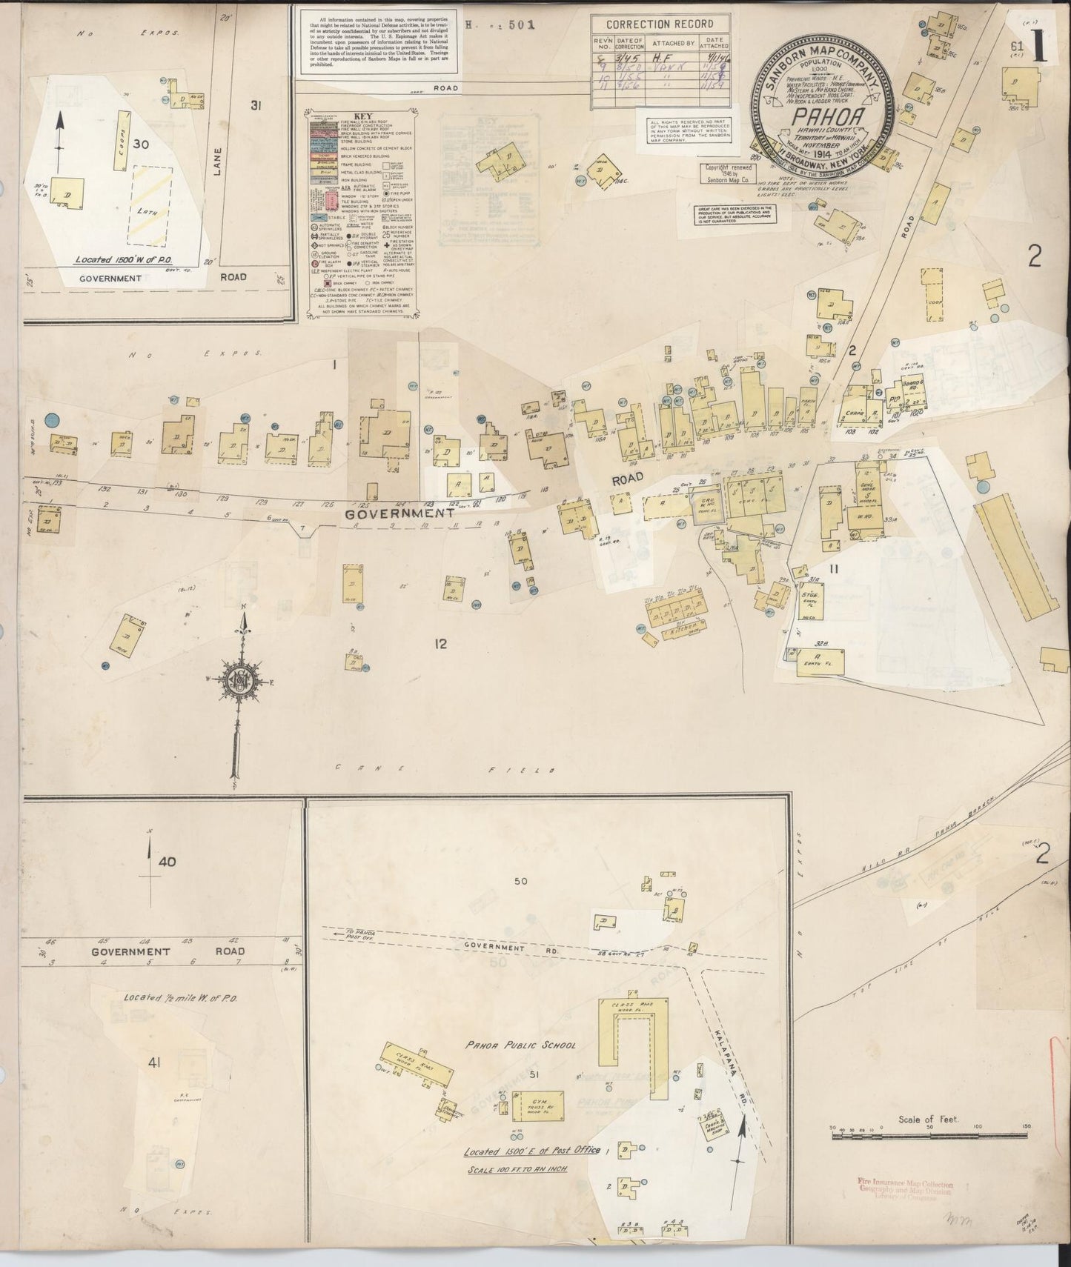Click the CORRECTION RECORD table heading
(x=660, y=23)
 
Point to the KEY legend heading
(x=362, y=116)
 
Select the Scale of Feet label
(x=928, y=1120)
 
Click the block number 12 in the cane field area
(x=441, y=644)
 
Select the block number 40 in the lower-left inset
(x=168, y=862)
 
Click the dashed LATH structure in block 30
(x=152, y=206)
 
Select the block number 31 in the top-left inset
(x=256, y=106)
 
